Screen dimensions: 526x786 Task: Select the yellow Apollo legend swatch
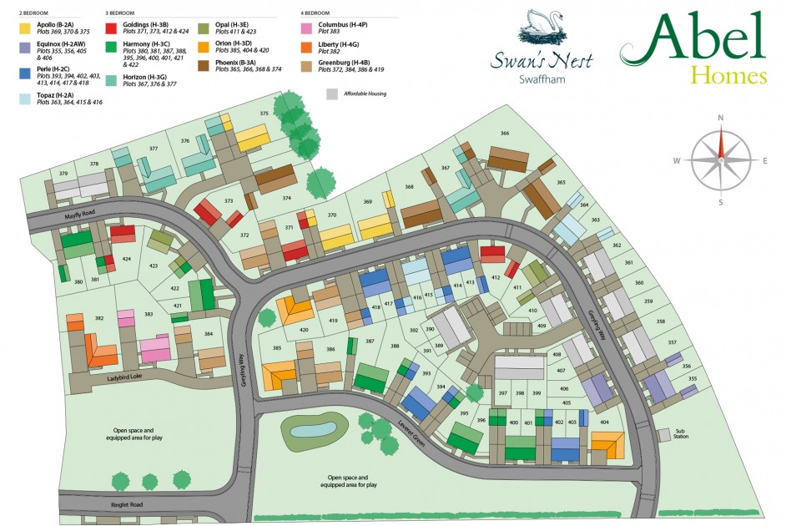(25, 28)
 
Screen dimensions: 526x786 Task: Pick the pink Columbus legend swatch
(306, 28)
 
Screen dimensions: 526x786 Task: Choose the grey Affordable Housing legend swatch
(332, 94)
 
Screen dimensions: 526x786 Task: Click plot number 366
(504, 134)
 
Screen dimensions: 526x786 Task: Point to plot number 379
(63, 174)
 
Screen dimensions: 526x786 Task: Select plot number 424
(127, 260)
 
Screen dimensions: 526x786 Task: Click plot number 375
(264, 114)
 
